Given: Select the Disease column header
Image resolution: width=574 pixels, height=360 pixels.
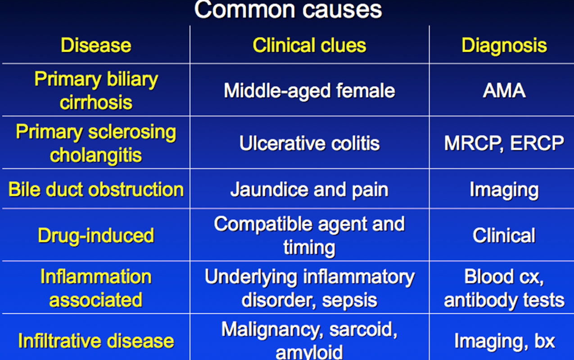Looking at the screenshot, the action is pos(96,45).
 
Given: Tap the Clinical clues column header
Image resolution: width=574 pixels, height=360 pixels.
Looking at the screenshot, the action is pos(309,45).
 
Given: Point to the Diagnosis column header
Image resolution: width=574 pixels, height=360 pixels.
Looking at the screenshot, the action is pos(504,45).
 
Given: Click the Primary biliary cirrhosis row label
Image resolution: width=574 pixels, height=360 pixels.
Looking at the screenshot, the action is pos(96,90).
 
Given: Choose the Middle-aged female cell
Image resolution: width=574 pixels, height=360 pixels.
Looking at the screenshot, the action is pos(309,91).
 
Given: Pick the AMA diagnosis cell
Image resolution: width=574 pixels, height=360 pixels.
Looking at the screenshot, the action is pos(504,90).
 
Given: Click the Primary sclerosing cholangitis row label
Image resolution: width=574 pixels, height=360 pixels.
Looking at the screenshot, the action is pos(96,144).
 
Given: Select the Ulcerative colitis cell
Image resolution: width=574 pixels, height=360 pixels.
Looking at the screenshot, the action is pos(309,143).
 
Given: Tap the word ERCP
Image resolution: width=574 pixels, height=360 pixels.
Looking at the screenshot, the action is pos(537,143).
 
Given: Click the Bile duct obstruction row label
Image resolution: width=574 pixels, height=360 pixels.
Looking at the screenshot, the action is pos(96,189).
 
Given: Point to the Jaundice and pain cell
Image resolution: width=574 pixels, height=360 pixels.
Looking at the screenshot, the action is pos(309,190).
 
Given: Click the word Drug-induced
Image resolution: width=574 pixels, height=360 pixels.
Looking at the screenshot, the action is pos(96,236).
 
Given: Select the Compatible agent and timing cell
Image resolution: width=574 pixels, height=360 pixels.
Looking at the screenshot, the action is pos(309,235).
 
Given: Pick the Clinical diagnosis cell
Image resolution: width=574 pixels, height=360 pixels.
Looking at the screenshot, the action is pos(504,235).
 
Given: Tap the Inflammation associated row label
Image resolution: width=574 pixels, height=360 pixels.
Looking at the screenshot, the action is pos(96,288).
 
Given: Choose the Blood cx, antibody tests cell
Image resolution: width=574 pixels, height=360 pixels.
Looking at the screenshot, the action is pos(504,288).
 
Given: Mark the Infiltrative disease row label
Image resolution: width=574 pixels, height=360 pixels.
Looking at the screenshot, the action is pos(96,341).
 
